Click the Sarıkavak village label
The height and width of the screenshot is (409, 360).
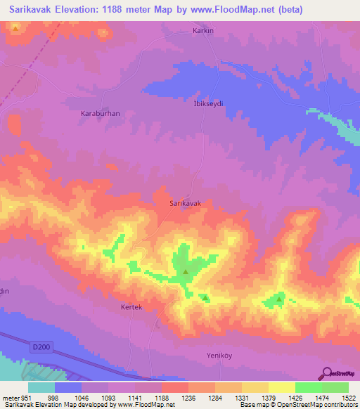pos(186,203)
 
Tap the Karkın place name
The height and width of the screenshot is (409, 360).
pos(202,32)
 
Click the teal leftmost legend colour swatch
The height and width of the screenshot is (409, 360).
pos(41,387)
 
